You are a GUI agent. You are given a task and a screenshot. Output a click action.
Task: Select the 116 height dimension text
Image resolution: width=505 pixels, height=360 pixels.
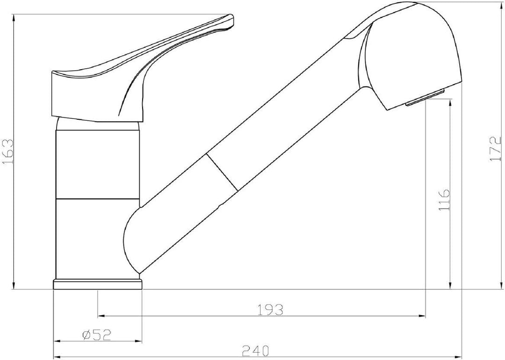coord(444,200)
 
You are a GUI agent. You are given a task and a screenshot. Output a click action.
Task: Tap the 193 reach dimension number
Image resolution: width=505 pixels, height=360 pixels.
coord(271,310)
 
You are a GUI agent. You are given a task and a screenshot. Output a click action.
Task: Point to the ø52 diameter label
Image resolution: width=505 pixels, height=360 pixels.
coord(97,335)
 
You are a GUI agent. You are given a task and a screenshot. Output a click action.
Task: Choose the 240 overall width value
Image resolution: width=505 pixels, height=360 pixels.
coord(255,350)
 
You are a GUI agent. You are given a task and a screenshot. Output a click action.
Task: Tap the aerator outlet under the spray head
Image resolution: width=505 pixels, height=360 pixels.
coord(425,97)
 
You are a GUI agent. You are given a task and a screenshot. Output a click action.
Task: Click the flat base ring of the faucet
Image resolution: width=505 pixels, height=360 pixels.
coord(97,285)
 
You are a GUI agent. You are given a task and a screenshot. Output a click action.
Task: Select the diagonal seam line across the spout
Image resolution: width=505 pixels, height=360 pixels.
coord(222,172)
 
